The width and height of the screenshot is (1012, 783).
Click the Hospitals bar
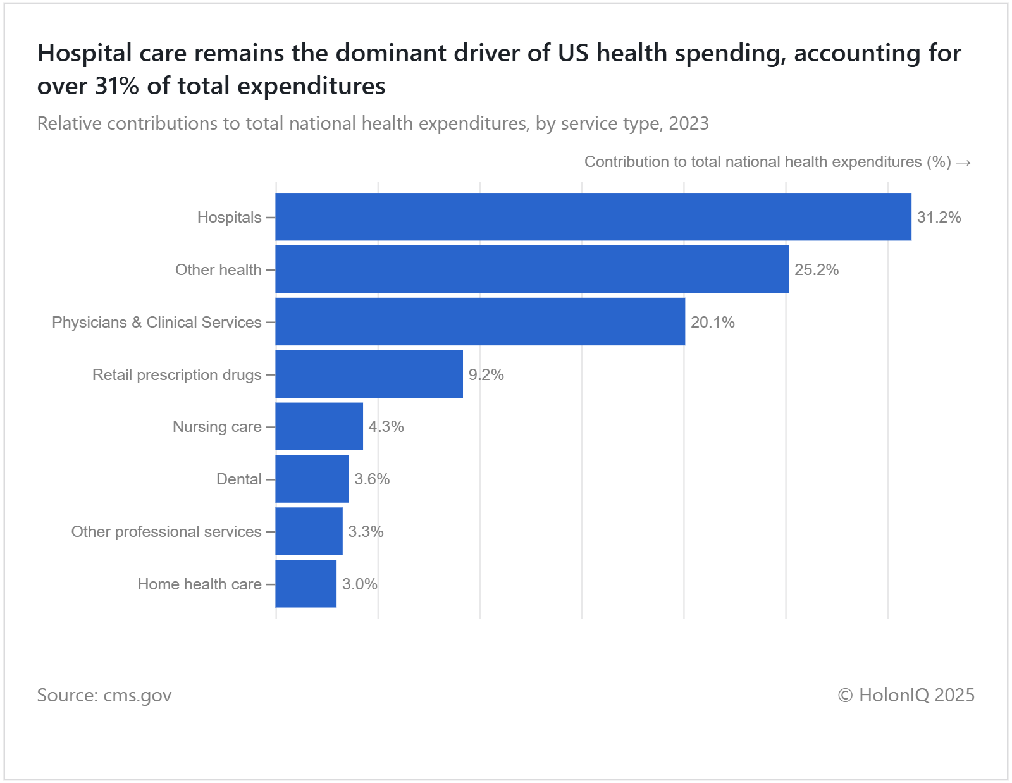coord(593,217)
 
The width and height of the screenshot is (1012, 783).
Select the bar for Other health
coord(532,269)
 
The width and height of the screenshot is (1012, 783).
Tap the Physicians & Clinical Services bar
coord(480,322)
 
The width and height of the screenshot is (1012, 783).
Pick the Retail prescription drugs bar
coord(369,374)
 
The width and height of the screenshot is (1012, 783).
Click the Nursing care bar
coord(319,426)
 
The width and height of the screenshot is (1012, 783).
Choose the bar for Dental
coord(312,479)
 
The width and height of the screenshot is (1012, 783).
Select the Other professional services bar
coord(309,531)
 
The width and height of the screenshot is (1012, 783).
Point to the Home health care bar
coord(305,584)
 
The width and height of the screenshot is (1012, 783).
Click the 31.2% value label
coord(939,218)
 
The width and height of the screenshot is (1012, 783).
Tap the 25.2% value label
coord(816,270)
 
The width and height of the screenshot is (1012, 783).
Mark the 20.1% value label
coord(712,323)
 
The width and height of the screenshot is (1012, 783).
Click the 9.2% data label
coord(486,375)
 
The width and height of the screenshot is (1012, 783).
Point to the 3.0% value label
coord(359,584)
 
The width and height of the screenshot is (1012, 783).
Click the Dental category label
coord(238,479)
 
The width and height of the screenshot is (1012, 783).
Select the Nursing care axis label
coord(217,427)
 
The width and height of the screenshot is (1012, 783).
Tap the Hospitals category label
coord(229,218)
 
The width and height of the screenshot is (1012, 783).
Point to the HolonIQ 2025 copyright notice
coord(906,695)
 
